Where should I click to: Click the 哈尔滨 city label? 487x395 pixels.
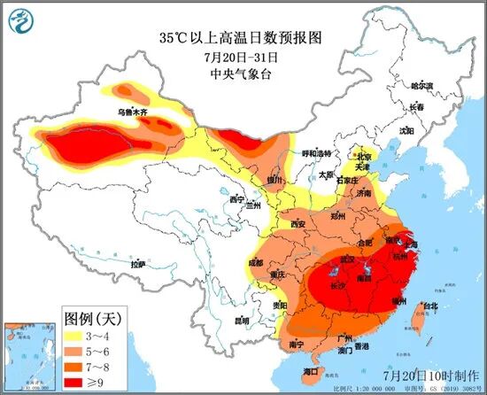(x=421, y=87)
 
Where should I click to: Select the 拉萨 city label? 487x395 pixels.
(x=137, y=264)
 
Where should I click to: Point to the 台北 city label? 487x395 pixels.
(x=429, y=306)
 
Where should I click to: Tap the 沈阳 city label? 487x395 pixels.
(x=406, y=130)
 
